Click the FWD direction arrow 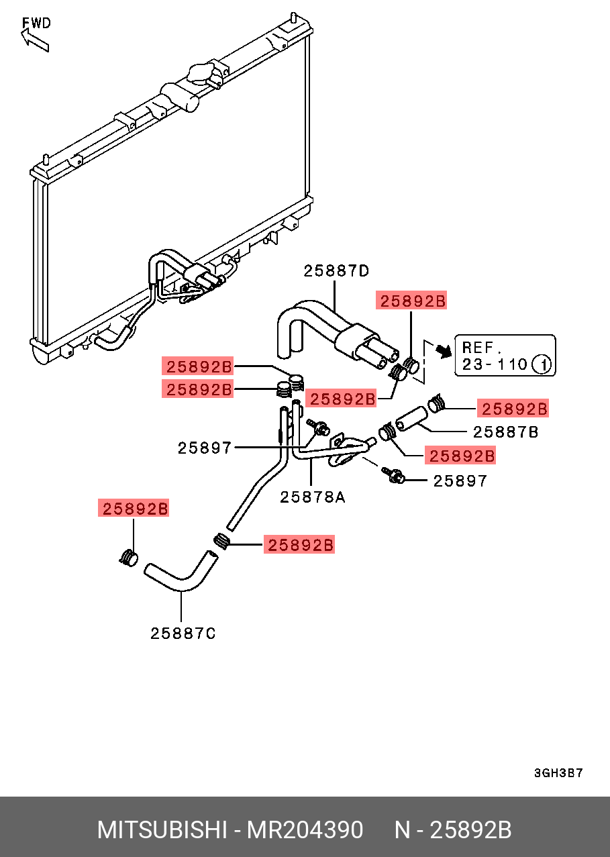coord(34,41)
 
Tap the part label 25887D coord(336,271)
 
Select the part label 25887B coord(505,432)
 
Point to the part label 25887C coord(183,634)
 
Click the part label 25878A coord(313,497)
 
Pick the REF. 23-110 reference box coord(505,356)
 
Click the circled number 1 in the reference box coord(542,364)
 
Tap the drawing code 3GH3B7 coord(558,773)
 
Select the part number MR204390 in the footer coord(305,829)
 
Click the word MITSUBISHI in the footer coord(162,829)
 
